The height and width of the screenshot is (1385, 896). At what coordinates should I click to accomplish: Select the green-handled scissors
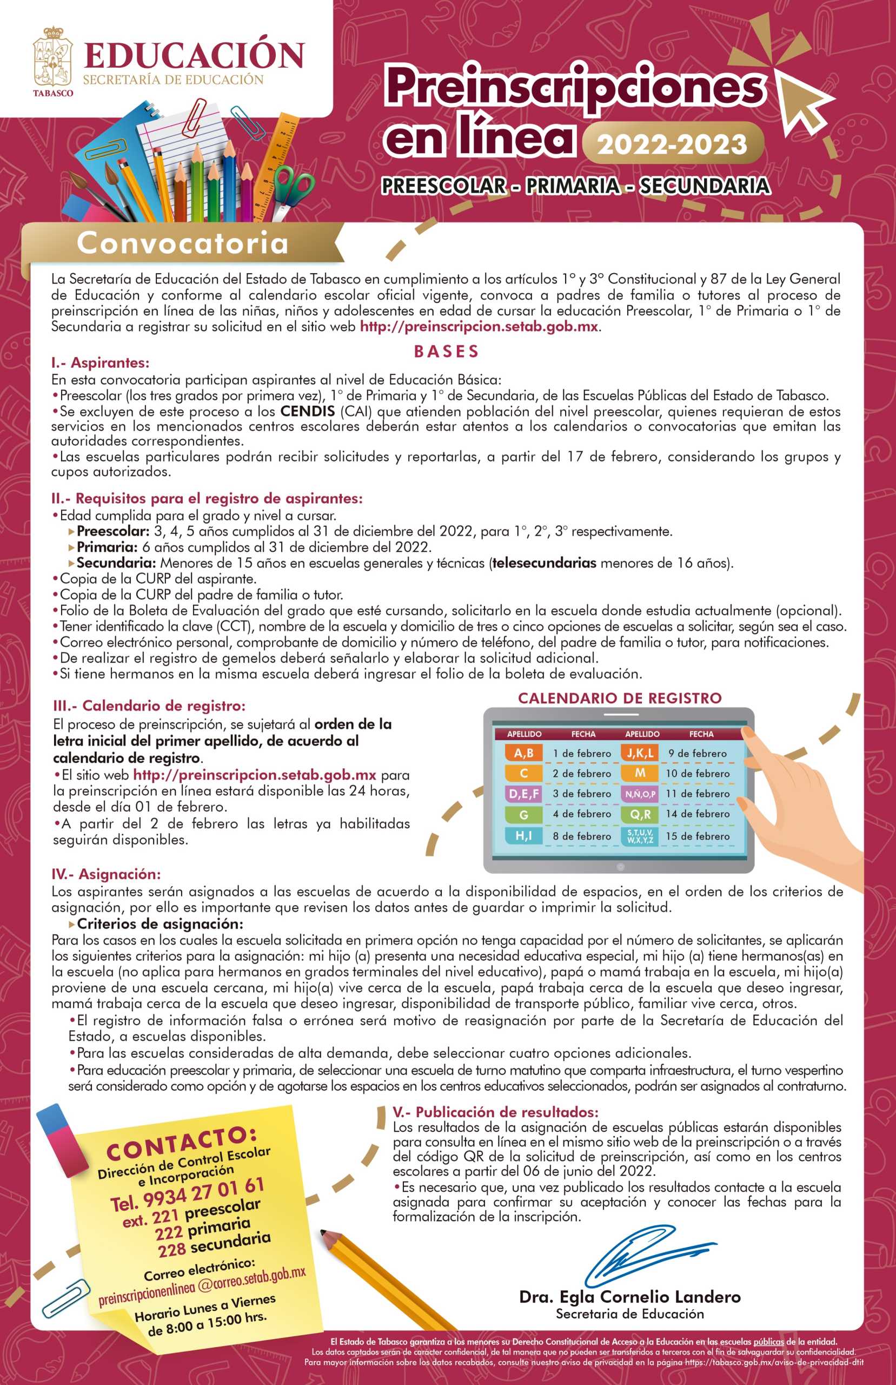291,189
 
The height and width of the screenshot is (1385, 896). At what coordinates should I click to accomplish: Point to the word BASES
447,352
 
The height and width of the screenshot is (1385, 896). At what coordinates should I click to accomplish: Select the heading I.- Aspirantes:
100,363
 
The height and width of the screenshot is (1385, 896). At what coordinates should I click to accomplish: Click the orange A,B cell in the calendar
523,753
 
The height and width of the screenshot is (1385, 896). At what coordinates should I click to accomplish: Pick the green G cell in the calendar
523,814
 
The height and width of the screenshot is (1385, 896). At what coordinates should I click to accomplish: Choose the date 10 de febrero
698,774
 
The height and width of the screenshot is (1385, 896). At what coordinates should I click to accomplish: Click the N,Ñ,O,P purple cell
640,794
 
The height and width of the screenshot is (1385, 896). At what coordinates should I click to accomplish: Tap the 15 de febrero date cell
698,836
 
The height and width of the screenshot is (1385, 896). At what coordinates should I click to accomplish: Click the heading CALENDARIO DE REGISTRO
620,698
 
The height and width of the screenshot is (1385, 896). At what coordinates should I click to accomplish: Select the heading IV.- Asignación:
106,874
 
